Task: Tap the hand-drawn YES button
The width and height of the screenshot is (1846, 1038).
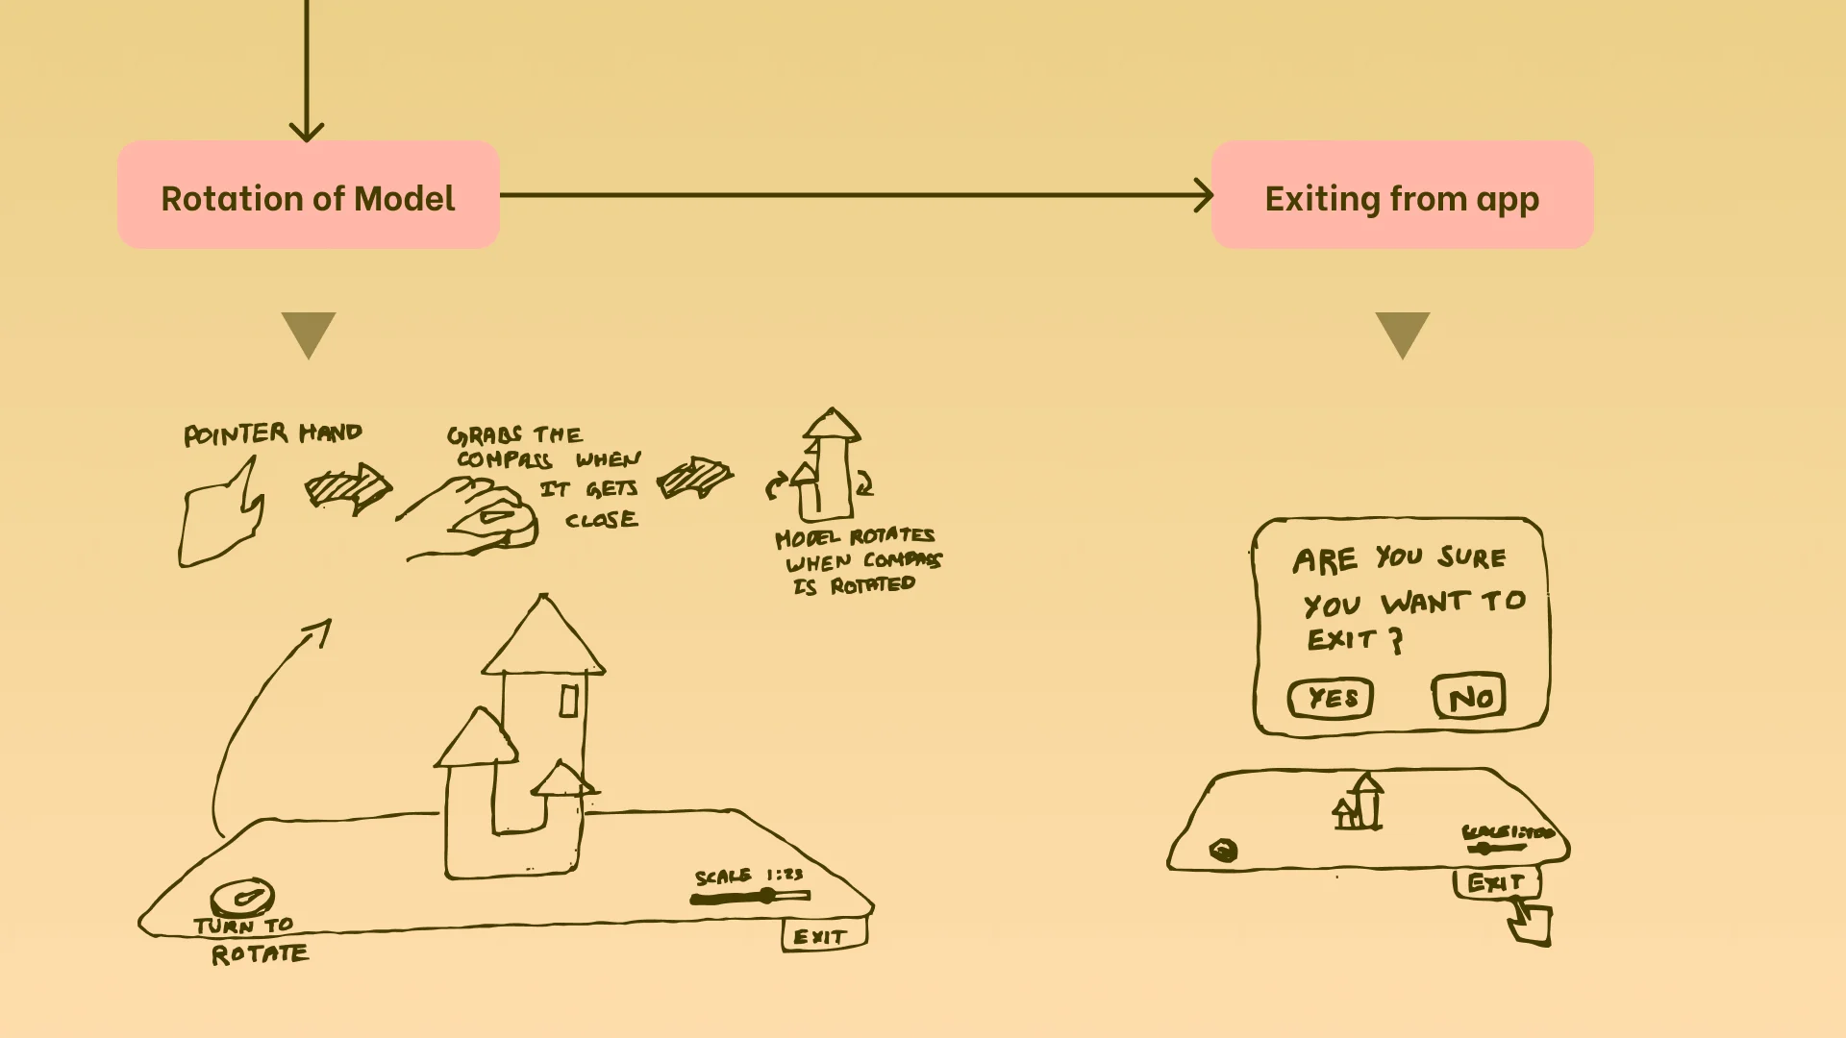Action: pyautogui.click(x=1332, y=698)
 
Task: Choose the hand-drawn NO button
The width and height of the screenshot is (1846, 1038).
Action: pyautogui.click(x=1469, y=697)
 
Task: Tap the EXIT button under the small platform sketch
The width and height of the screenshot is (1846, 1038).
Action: pyautogui.click(x=1496, y=882)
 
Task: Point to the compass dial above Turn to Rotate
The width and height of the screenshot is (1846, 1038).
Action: pyautogui.click(x=242, y=898)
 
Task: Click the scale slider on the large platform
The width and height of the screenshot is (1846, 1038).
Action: pyautogui.click(x=751, y=897)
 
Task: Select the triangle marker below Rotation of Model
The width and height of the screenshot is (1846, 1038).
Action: pyautogui.click(x=309, y=333)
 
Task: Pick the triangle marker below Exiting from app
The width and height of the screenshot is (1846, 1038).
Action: pyautogui.click(x=1403, y=333)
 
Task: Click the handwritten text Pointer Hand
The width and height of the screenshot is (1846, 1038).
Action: pyautogui.click(x=273, y=434)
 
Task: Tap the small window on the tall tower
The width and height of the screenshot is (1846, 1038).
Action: pyautogui.click(x=568, y=701)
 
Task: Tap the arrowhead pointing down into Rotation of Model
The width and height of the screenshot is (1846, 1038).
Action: pyautogui.click(x=307, y=132)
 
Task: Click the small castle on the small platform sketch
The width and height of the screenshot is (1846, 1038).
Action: pyautogui.click(x=1359, y=803)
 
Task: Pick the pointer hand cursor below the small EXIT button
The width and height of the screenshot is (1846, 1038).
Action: pyautogui.click(x=1531, y=923)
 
